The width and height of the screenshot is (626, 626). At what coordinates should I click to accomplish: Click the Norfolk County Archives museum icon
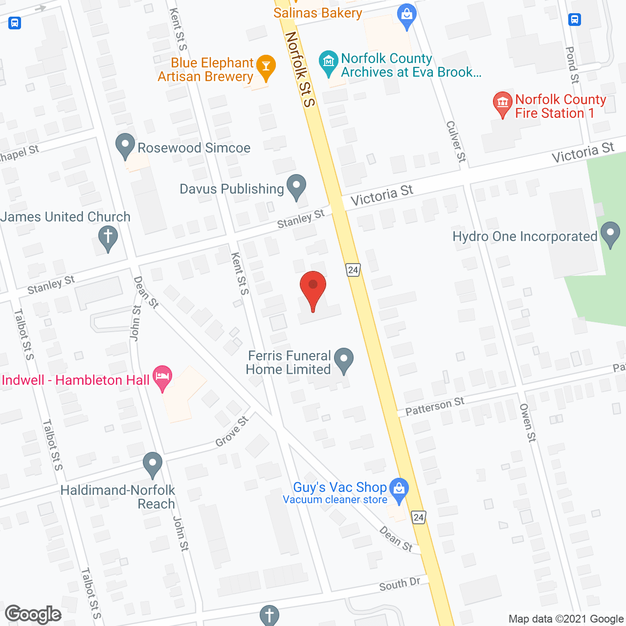click(329, 62)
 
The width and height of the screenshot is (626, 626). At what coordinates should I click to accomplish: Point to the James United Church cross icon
click(108, 237)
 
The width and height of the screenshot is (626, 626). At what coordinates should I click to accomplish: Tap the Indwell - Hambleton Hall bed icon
click(162, 377)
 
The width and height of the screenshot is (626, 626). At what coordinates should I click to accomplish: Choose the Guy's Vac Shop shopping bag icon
click(400, 489)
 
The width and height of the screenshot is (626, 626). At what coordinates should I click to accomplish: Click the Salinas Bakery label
click(318, 13)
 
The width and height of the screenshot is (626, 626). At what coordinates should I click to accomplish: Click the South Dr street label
click(400, 584)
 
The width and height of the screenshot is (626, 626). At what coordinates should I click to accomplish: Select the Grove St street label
click(232, 431)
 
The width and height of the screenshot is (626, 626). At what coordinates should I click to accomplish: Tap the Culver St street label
click(456, 141)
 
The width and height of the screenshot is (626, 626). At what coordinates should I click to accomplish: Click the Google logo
click(33, 614)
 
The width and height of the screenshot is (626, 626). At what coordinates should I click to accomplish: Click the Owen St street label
click(528, 423)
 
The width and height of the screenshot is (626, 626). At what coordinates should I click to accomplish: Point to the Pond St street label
click(572, 65)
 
